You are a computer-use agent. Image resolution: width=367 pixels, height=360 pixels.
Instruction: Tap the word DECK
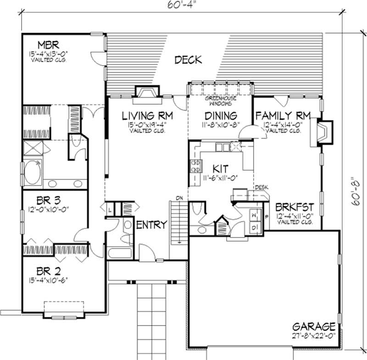pos(188,60)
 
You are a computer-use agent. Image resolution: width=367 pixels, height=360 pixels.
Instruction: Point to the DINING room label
pos(221,116)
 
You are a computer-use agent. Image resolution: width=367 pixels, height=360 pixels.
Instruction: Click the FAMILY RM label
pos(283,115)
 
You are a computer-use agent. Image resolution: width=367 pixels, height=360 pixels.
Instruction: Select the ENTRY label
pos(151,224)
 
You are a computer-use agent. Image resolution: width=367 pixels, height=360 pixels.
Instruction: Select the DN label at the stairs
pos(180,198)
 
